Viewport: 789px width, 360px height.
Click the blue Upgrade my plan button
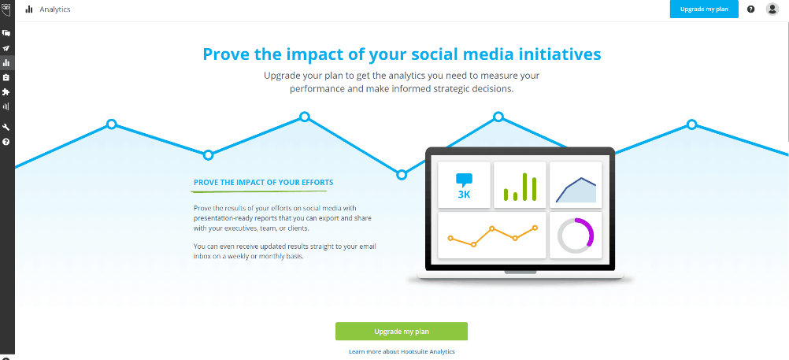(704, 9)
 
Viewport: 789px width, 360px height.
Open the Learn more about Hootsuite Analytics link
(402, 351)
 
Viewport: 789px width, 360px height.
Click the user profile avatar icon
(772, 9)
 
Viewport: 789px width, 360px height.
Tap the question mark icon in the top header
(750, 9)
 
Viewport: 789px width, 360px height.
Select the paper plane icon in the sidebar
(6, 48)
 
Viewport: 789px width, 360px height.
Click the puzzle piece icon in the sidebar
(6, 92)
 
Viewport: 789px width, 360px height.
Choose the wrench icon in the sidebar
(6, 127)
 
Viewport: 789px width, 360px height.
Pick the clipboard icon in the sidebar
(6, 77)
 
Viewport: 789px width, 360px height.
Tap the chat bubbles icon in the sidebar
(6, 33)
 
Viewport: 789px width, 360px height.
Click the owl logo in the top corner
(6, 9)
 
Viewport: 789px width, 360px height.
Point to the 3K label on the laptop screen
(464, 195)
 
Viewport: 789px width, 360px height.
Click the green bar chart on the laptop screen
(520, 187)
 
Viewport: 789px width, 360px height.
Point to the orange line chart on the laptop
(492, 236)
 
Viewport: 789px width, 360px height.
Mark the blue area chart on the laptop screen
(576, 191)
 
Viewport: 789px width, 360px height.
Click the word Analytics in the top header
(55, 9)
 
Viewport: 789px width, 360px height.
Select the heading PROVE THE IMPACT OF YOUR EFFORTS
(263, 182)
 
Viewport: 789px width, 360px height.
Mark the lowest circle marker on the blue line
(402, 175)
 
